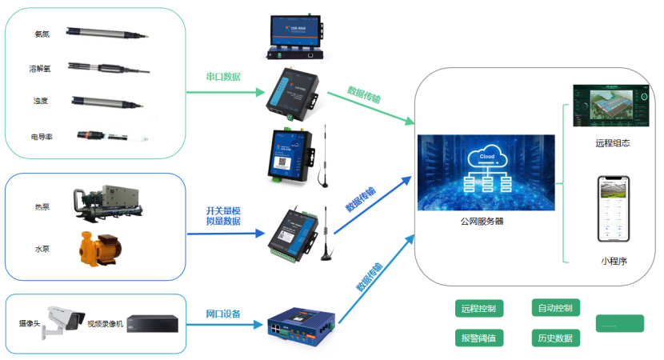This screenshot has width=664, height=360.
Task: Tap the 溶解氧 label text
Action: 40,69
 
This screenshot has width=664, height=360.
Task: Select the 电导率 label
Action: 42,137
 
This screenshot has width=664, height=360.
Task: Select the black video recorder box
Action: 150,323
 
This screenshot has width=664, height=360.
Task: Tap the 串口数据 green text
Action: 223,78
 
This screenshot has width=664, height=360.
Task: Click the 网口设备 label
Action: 223,314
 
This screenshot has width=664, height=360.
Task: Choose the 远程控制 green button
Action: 478,308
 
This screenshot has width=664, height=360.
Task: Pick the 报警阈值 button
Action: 478,338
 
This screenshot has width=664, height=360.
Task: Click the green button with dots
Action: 620,324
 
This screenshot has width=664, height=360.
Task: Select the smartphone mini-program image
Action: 614,209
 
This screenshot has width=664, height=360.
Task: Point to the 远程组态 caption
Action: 613,143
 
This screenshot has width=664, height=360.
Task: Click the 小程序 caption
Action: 614,260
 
